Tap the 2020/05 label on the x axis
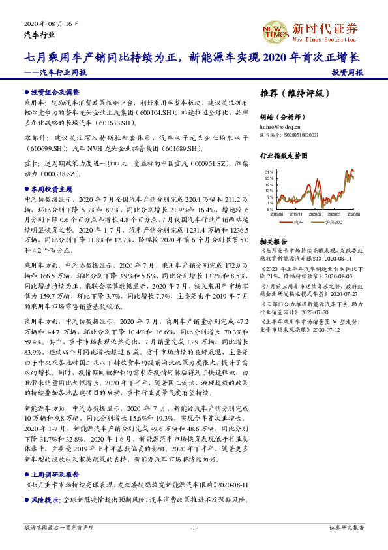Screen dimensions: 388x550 coord(335,214)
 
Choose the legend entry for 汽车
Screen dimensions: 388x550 coord(297,223)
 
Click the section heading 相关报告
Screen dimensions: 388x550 coord(271,241)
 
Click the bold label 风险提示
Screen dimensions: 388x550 coord(44,500)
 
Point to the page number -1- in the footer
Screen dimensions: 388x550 coord(194,526)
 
